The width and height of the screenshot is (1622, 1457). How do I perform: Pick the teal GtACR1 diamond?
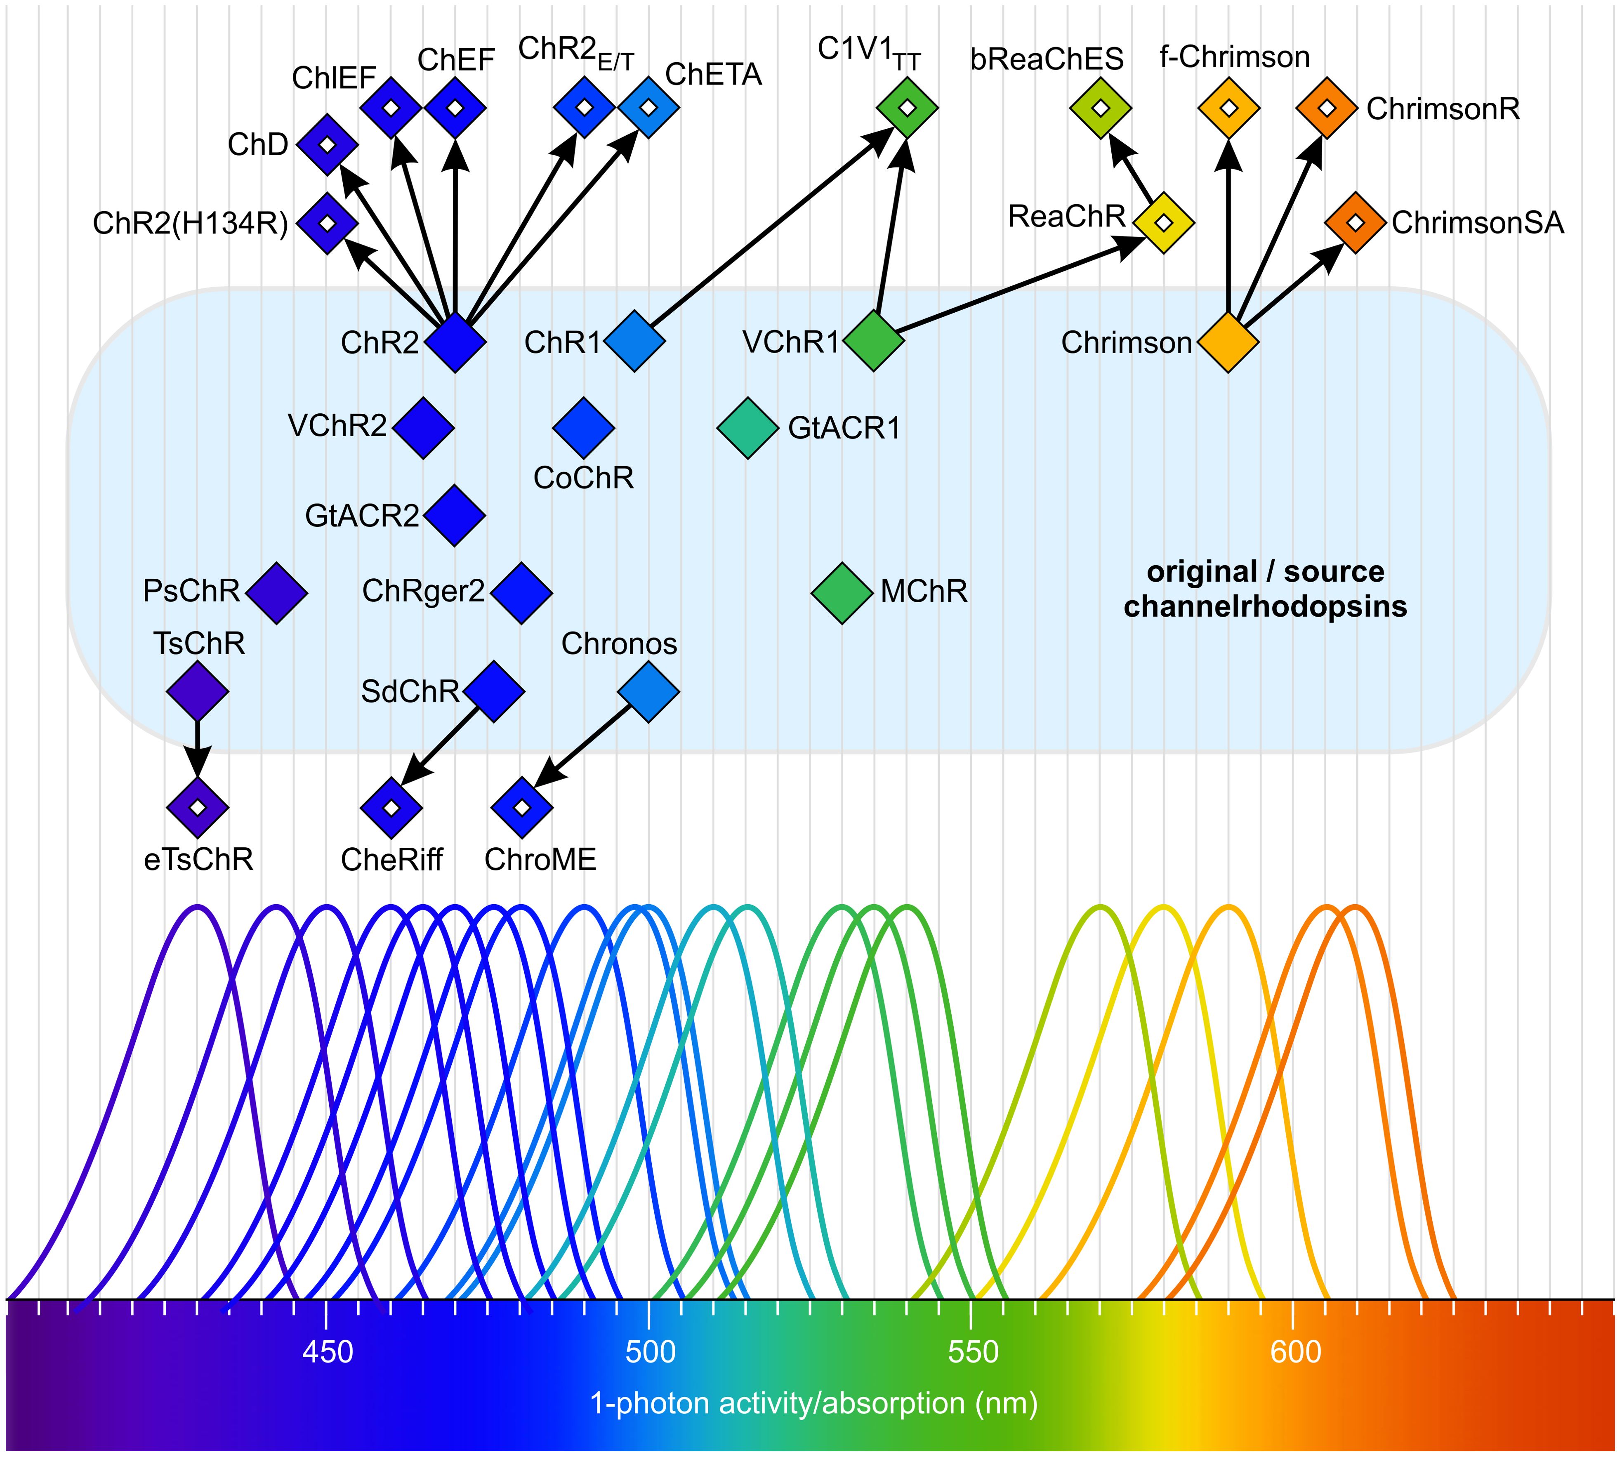point(748,428)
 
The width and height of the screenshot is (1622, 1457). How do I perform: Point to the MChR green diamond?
point(842,592)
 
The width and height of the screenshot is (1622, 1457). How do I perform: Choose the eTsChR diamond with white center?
point(198,807)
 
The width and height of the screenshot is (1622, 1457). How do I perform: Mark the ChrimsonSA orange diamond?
point(1355,222)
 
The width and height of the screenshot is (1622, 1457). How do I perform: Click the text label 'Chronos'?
point(619,644)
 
